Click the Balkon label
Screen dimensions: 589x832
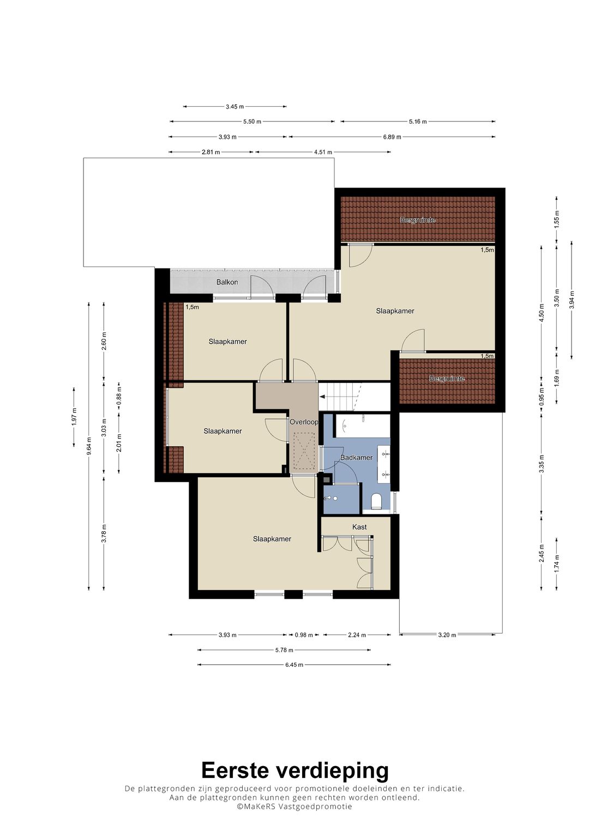(x=227, y=282)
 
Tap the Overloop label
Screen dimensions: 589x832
(x=304, y=422)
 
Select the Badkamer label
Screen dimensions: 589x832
(x=356, y=458)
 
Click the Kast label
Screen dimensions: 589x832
(x=359, y=527)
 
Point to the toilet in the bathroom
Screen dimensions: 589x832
(x=377, y=501)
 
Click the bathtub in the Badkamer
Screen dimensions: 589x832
(x=363, y=426)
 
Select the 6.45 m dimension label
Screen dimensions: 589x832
(x=294, y=665)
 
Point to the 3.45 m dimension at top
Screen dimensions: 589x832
(x=235, y=107)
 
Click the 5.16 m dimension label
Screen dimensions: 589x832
(x=418, y=121)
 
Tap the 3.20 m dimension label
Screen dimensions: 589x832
(x=447, y=635)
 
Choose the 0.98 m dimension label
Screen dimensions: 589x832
(x=304, y=635)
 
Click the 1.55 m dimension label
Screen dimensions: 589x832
(x=556, y=219)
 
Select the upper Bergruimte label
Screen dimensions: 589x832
(x=418, y=220)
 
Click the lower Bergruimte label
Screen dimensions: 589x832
(x=447, y=379)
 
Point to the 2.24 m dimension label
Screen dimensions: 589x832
(x=357, y=635)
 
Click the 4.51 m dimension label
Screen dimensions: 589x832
(x=323, y=152)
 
